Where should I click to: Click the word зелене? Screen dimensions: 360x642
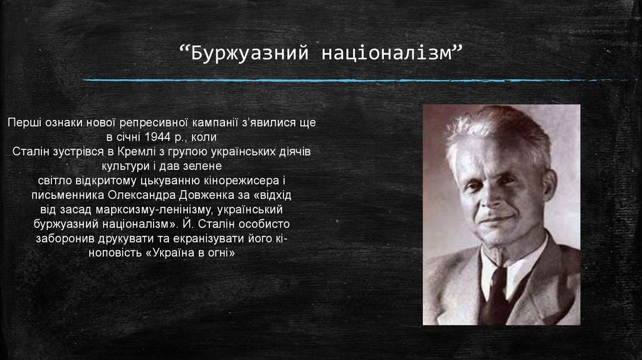(x=203, y=166)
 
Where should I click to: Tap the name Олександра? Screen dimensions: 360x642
(x=148, y=194)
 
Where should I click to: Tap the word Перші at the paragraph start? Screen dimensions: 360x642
(x=24, y=122)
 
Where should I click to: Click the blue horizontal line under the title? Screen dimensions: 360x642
(x=351, y=80)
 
